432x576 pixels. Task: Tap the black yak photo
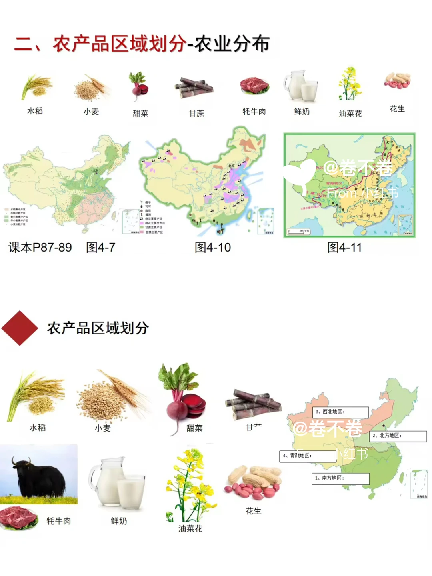pyautogui.click(x=39, y=474)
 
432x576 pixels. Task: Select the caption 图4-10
pyautogui.click(x=213, y=248)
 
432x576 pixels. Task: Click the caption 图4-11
pyautogui.click(x=344, y=248)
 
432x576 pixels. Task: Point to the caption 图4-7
pyautogui.click(x=101, y=248)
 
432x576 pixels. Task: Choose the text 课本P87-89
pyautogui.click(x=40, y=248)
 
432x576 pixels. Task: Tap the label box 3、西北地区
pyautogui.click(x=340, y=412)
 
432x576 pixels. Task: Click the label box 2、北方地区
pyautogui.click(x=398, y=436)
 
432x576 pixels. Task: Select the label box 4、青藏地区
pyautogui.click(x=308, y=456)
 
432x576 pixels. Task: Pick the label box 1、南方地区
pyautogui.click(x=340, y=478)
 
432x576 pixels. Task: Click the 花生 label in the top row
pyautogui.click(x=397, y=109)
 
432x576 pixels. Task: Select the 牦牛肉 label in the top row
pyautogui.click(x=254, y=112)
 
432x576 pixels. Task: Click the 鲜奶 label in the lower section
pyautogui.click(x=119, y=521)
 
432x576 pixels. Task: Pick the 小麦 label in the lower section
pyautogui.click(x=103, y=428)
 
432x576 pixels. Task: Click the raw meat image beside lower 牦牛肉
pyautogui.click(x=19, y=518)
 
